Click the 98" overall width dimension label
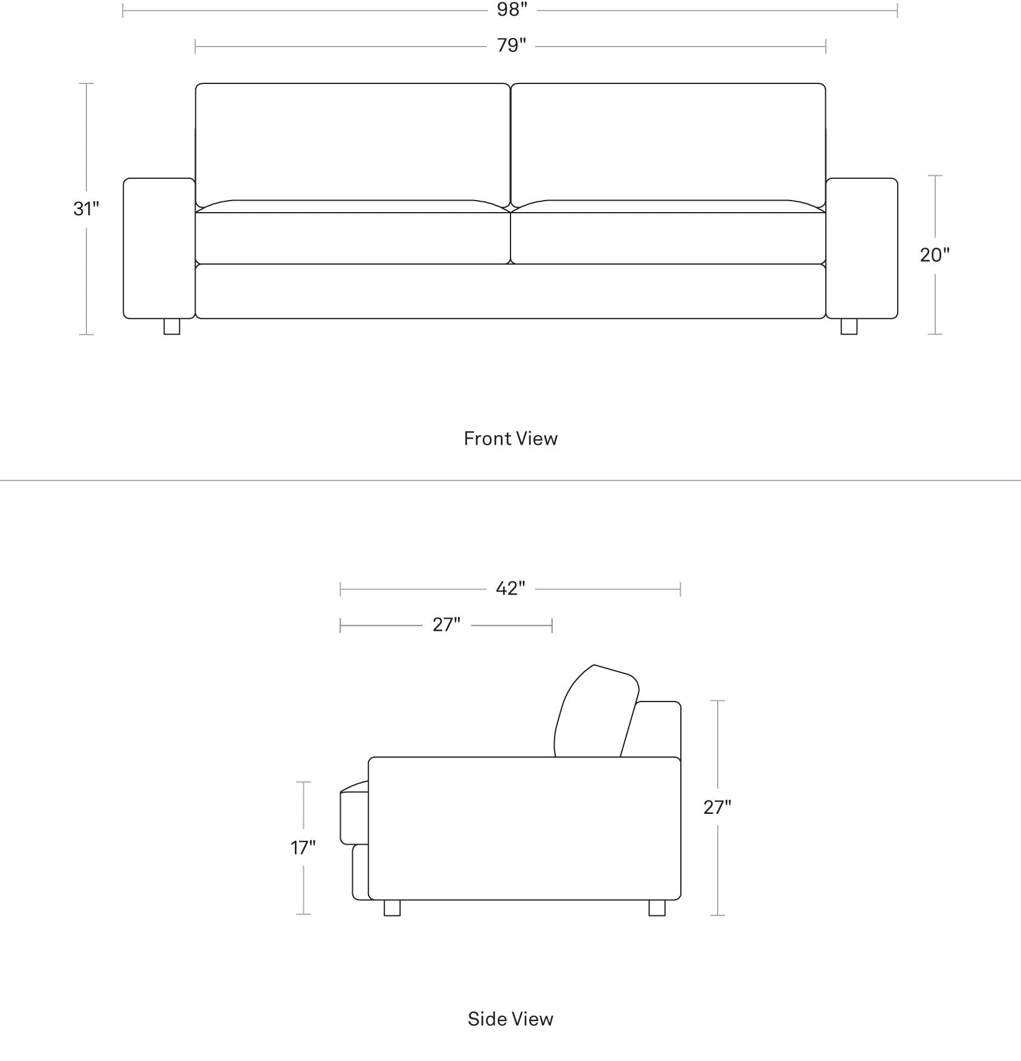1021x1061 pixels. pos(512,10)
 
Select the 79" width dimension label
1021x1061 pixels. pos(512,45)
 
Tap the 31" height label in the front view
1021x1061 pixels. pos(86,208)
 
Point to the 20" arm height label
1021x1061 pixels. pos(935,255)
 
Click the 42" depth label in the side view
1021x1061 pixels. pos(510,588)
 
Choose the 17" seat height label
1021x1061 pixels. pos(303,848)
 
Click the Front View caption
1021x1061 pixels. pos(510,439)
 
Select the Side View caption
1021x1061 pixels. pos(510,1019)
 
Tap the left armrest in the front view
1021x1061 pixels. pos(159,248)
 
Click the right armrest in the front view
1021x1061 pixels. pos(862,248)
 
